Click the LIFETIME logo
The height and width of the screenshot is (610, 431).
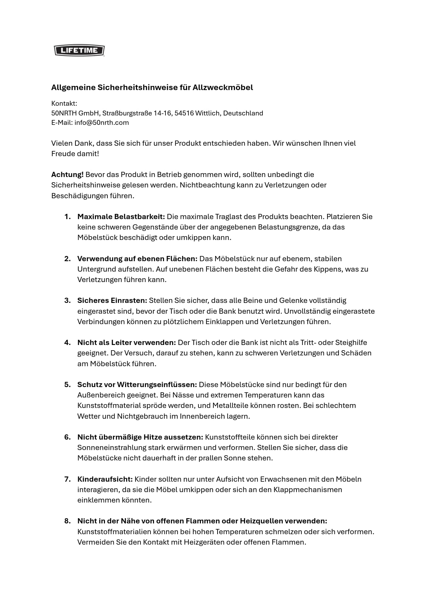[79, 50]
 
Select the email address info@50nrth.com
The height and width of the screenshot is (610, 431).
[101, 122]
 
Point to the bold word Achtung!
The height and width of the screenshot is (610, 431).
[67, 174]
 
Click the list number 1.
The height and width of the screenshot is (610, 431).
[67, 217]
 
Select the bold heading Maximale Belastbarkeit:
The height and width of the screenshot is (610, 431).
[121, 217]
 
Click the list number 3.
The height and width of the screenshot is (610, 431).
[67, 300]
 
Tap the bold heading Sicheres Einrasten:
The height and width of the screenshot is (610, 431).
[112, 300]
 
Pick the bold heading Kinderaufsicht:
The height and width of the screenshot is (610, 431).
[105, 479]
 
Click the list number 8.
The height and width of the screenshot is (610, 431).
[67, 521]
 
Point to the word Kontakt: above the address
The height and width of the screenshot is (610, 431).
[64, 103]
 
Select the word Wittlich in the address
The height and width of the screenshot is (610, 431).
[208, 113]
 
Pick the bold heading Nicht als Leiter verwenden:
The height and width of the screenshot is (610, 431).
[127, 343]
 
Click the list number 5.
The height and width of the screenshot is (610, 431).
[67, 385]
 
